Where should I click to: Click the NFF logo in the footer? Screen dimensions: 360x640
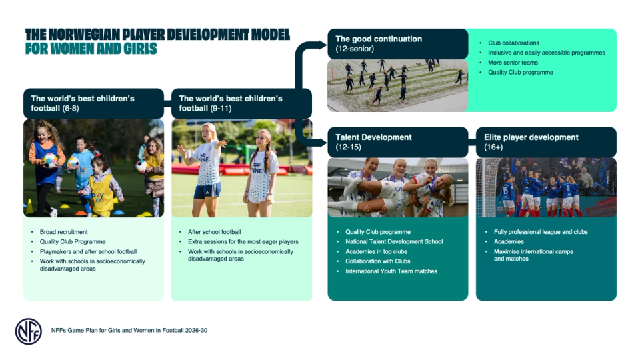(x=28, y=331)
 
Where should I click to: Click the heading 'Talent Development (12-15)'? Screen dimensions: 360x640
(x=373, y=141)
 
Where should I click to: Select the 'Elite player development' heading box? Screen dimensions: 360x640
(x=545, y=141)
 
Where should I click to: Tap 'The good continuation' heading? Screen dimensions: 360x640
(x=379, y=43)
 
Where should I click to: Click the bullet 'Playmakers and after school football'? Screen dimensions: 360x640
(x=88, y=251)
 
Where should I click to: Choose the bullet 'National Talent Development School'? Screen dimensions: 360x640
(x=394, y=241)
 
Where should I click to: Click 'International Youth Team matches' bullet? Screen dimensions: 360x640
(x=391, y=271)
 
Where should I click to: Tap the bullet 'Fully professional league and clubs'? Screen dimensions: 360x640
(x=541, y=232)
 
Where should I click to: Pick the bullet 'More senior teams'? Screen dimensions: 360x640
(x=514, y=63)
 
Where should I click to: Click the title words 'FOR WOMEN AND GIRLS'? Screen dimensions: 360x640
(x=91, y=49)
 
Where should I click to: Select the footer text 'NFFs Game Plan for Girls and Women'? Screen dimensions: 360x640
(x=133, y=330)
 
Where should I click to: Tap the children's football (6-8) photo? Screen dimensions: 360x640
(x=93, y=168)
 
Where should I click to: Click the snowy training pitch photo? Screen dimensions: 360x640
(x=397, y=85)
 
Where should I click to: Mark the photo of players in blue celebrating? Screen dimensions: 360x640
(x=546, y=187)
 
